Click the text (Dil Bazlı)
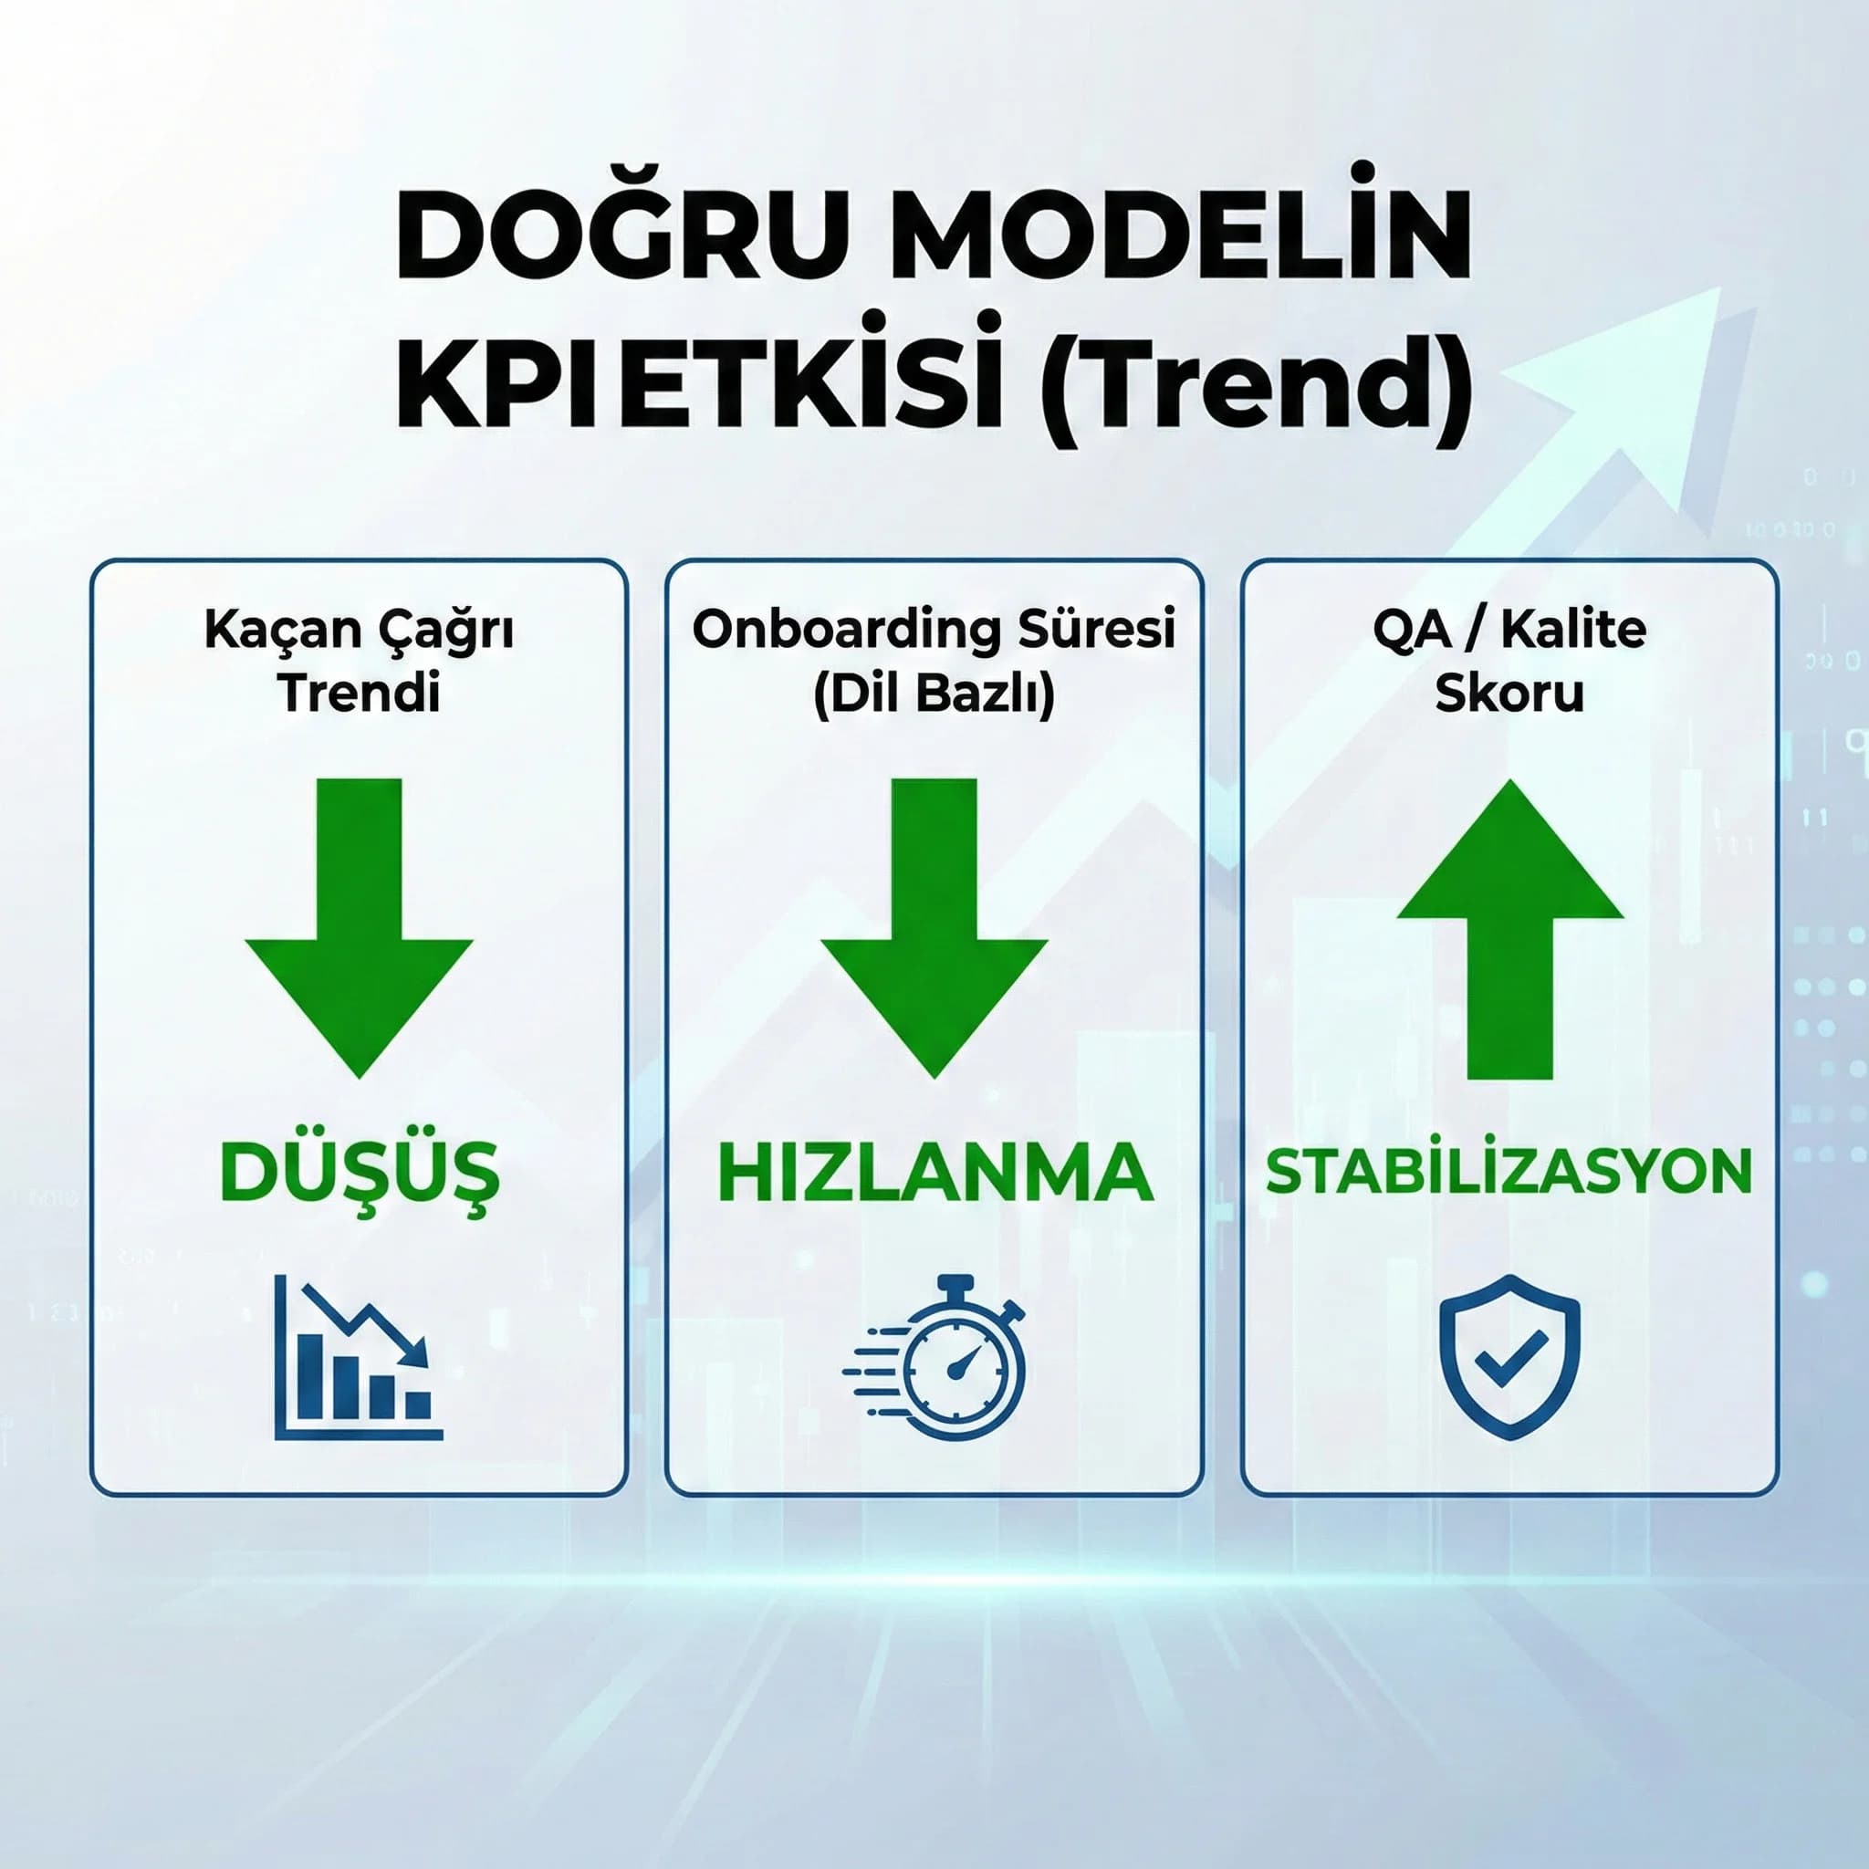point(934,694)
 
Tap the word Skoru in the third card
point(1509,693)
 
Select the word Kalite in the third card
point(1574,630)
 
